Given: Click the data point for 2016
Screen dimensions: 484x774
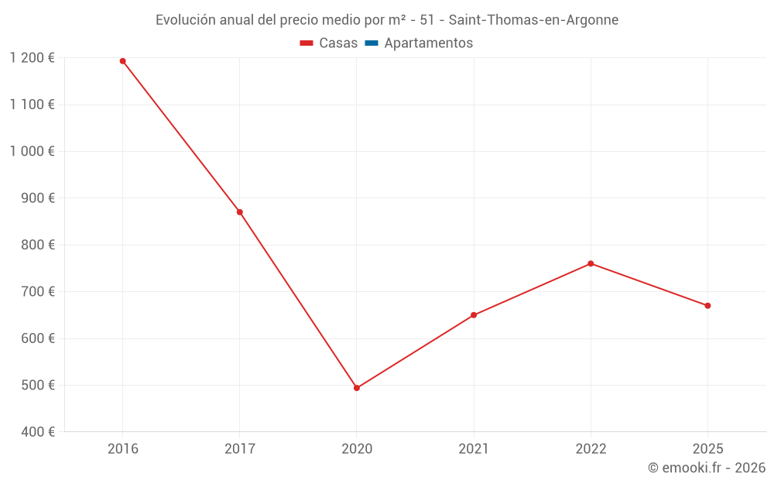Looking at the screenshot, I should (x=122, y=61).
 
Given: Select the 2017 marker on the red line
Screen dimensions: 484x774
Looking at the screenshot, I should (x=239, y=212).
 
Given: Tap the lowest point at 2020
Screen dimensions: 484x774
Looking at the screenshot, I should (x=357, y=388).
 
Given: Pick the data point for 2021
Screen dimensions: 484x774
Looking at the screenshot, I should (x=474, y=315).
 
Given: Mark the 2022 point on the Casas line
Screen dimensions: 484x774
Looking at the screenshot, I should (x=591, y=263).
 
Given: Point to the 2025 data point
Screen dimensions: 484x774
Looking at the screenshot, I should (x=707, y=306).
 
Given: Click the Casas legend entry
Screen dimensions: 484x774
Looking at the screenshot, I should (x=329, y=43).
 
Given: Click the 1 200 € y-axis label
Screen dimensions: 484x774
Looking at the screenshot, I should (x=33, y=58).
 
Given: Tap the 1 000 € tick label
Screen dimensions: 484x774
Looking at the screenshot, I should (x=33, y=152).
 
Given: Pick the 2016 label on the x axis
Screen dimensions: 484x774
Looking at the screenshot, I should (x=122, y=449).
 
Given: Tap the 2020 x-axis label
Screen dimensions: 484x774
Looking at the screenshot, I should (x=357, y=449).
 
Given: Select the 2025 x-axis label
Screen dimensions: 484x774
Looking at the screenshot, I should (x=707, y=449).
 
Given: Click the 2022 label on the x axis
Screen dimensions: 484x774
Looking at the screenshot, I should (x=591, y=449).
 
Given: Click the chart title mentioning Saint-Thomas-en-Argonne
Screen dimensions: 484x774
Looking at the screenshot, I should (x=387, y=20).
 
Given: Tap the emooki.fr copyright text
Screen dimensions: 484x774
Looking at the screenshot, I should (x=706, y=468).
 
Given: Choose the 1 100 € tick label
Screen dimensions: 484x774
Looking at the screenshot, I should (x=33, y=105).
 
